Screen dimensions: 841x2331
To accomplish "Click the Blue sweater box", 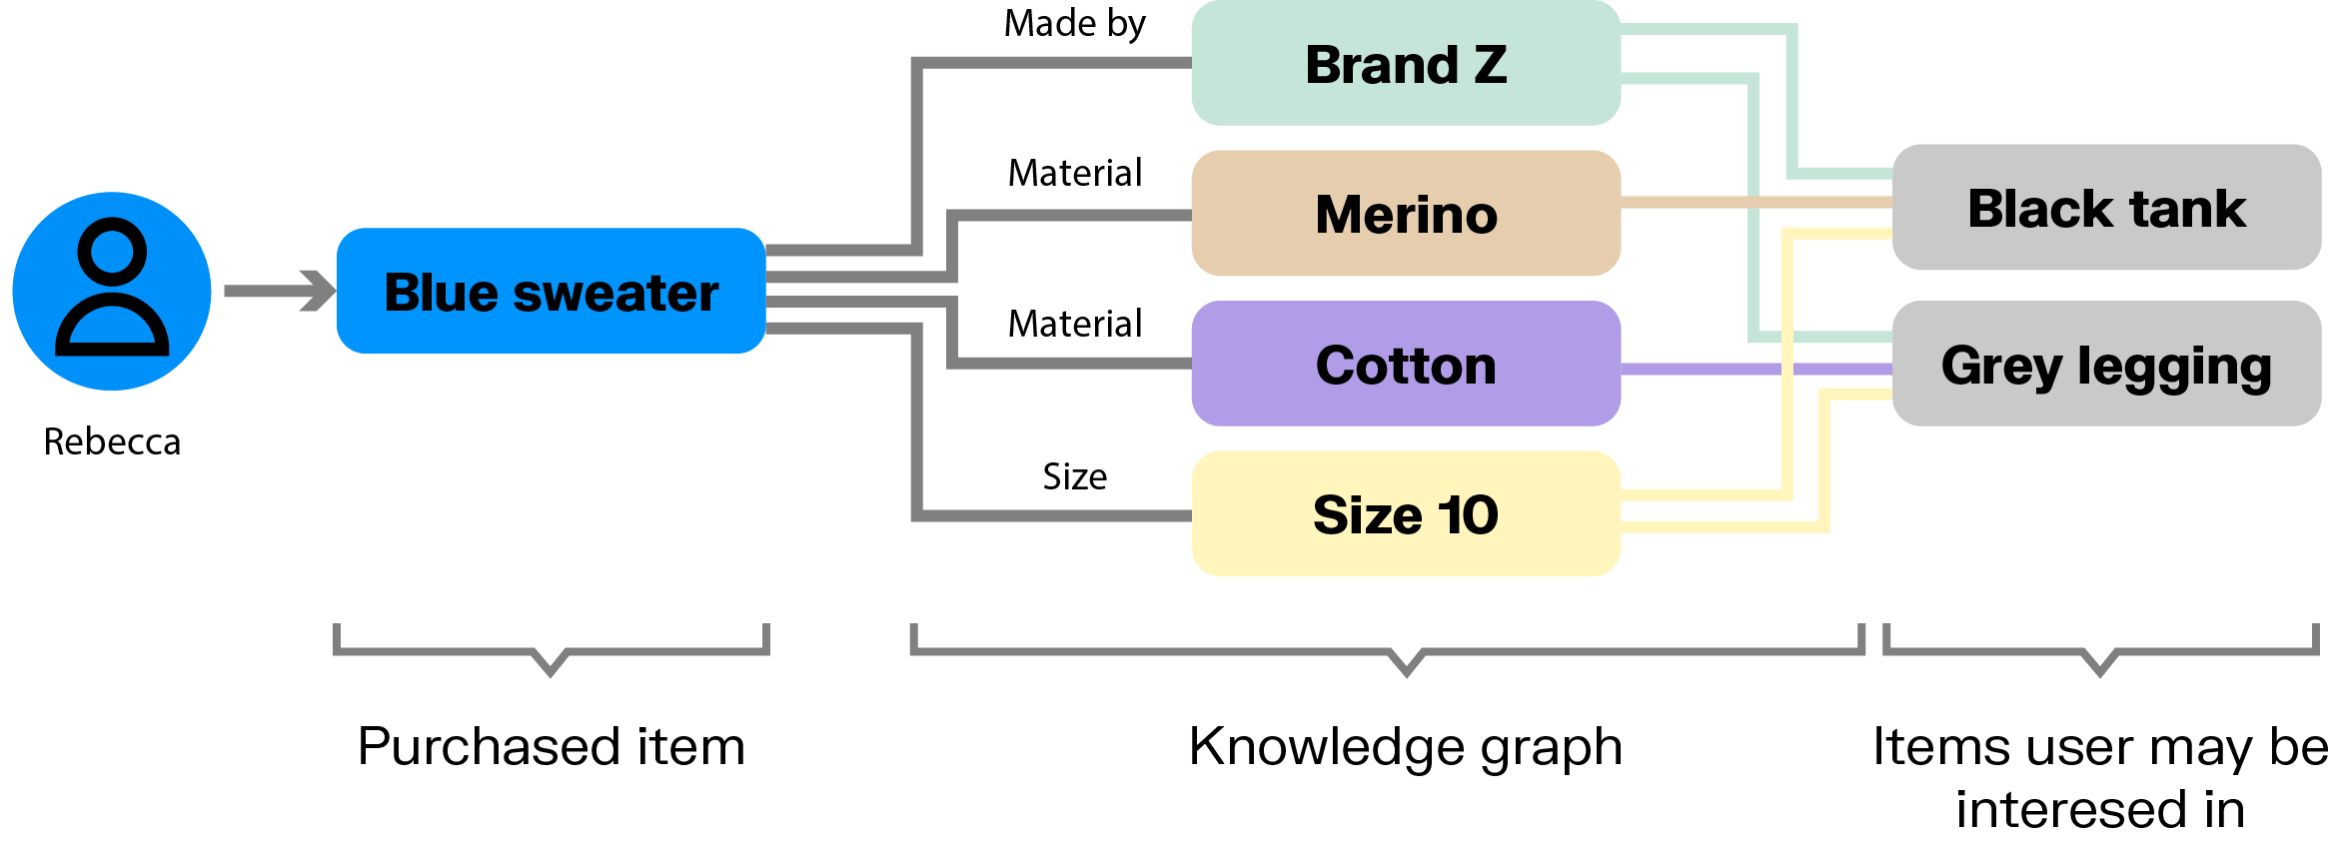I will click(x=551, y=291).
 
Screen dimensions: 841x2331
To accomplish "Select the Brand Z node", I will click(x=1405, y=64).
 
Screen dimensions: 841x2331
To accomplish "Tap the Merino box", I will click(x=1405, y=214).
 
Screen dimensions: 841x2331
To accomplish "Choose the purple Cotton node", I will click(x=1405, y=365).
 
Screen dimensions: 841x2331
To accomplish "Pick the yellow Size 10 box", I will click(x=1405, y=514).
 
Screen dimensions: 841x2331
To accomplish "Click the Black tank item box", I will click(x=2106, y=208).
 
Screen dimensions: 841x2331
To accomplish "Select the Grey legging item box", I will click(x=2106, y=365).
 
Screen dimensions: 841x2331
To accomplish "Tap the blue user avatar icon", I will click(x=112, y=291).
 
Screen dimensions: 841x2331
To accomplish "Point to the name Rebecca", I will click(x=112, y=441).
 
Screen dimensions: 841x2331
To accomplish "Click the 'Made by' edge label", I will click(x=1074, y=24).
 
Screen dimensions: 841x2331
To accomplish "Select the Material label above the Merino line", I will click(x=1074, y=173).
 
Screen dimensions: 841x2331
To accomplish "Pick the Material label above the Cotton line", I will click(x=1074, y=324).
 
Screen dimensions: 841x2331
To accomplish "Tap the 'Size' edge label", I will click(x=1074, y=476).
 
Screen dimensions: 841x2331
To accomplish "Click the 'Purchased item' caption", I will click(x=551, y=746).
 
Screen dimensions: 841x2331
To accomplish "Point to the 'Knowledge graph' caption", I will click(x=1405, y=746).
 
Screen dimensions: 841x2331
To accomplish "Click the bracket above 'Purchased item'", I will click(x=551, y=652).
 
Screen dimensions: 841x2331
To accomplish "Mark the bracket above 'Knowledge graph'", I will click(x=1405, y=652).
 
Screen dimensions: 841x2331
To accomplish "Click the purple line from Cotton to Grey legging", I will click(x=1699, y=370).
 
